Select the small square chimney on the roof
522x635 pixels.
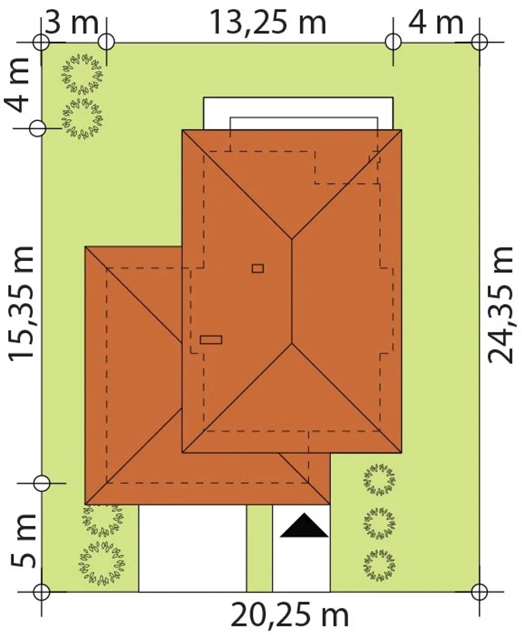click(x=258, y=268)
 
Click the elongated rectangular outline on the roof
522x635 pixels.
click(x=211, y=340)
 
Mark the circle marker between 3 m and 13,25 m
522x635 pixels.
click(x=106, y=42)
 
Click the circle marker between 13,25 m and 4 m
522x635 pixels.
click(x=393, y=42)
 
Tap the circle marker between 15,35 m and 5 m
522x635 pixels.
click(x=42, y=483)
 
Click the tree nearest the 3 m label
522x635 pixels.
click(x=82, y=74)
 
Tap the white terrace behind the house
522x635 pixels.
click(x=298, y=113)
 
